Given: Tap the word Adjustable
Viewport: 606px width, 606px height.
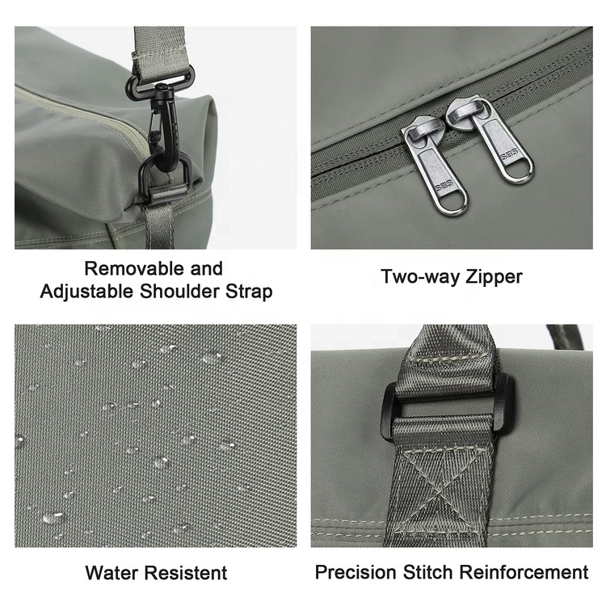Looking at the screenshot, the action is (x=86, y=292).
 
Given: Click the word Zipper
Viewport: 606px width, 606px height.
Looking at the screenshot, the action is (x=494, y=277).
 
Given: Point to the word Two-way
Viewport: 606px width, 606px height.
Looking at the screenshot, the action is (x=420, y=276).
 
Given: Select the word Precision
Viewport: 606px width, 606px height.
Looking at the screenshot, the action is (x=356, y=572).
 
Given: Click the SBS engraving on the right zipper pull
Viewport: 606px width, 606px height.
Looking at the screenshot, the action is (x=509, y=156).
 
